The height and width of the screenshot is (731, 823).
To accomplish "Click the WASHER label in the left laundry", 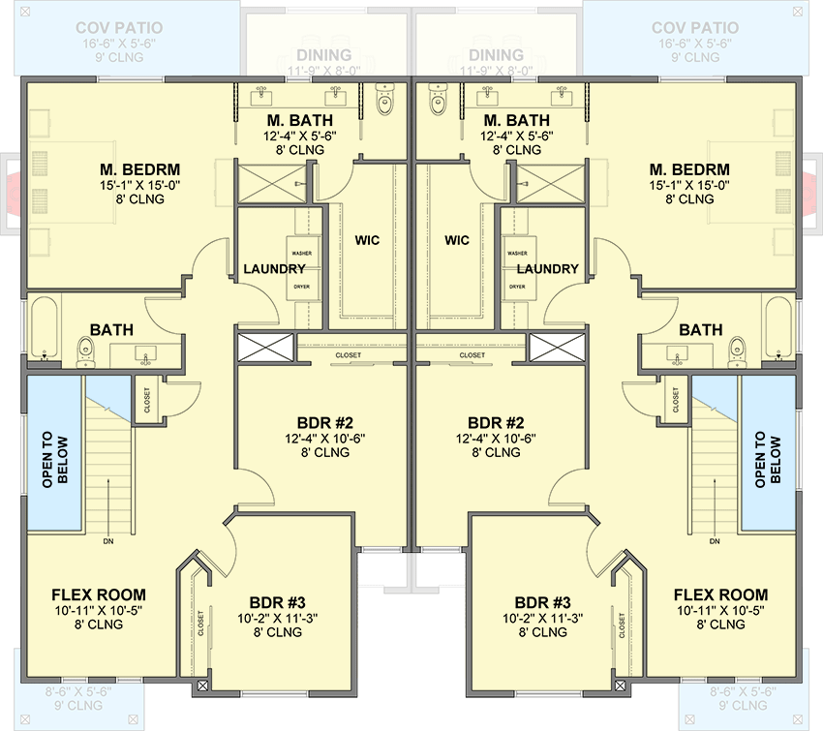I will point(301,253).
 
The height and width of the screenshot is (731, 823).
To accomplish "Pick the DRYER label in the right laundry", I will point(517,287).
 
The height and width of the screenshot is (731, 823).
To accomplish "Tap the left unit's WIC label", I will point(367,239).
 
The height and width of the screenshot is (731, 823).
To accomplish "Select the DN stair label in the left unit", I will point(107,541).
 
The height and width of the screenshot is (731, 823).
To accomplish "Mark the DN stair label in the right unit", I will point(715,541).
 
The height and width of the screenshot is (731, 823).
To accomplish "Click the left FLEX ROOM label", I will point(99,594).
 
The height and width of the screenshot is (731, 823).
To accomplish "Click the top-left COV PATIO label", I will point(119,28).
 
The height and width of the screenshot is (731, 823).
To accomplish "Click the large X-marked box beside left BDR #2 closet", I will point(264,348).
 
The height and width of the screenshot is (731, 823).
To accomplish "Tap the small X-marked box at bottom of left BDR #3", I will point(202,685).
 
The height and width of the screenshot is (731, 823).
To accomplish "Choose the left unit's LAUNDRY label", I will point(274,268).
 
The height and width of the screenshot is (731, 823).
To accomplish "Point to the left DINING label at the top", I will point(324,55).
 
